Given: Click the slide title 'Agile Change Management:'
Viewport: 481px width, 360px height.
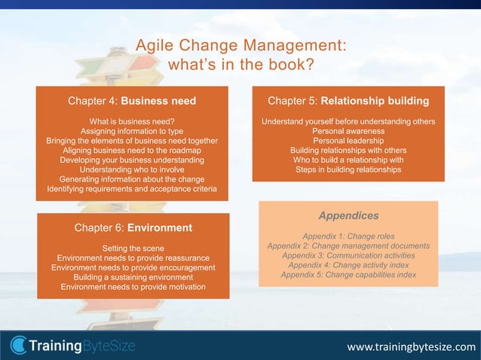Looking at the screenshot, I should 240,45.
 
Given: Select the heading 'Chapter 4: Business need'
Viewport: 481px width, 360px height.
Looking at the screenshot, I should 132,101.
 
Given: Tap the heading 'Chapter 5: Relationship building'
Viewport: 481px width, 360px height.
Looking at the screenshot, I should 348,100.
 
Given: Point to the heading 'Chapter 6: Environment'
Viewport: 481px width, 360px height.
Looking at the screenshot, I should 133,227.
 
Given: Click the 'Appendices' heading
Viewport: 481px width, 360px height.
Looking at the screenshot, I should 348,215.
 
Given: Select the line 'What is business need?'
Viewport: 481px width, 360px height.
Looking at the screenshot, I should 132,121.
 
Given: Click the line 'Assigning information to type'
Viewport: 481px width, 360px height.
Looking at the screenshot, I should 132,131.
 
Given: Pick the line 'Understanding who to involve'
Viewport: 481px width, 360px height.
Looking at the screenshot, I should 132,170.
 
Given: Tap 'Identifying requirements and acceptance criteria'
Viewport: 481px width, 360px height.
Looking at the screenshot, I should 132,189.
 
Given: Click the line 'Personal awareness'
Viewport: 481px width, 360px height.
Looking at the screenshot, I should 348,131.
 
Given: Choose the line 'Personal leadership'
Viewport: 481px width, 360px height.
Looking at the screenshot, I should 348,141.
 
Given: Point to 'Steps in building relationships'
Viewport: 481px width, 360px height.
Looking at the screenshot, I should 348,170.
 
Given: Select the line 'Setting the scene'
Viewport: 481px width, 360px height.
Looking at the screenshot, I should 133,249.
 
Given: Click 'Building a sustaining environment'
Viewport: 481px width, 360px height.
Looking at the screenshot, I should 133,277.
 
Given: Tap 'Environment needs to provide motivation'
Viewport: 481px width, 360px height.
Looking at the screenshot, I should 133,287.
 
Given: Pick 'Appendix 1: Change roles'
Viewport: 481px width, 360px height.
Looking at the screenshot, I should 348,236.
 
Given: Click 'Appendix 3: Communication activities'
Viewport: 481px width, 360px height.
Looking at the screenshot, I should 348,255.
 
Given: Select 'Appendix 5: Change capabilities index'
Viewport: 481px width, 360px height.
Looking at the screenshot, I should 348,275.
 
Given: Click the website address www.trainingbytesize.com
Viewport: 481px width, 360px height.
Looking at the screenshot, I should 411,346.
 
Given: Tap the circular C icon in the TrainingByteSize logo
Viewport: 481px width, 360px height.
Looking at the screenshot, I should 18,346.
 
